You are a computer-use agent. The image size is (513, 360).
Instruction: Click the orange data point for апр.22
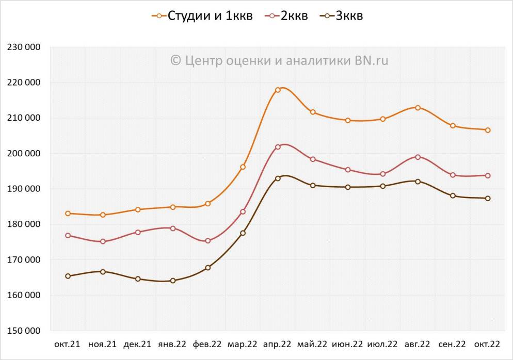pyautogui.click(x=278, y=90)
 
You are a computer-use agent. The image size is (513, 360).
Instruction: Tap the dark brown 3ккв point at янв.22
pyautogui.click(x=173, y=281)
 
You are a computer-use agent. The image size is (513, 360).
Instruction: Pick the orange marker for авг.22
pyautogui.click(x=418, y=108)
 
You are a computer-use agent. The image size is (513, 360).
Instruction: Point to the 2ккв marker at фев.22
pyautogui.click(x=208, y=241)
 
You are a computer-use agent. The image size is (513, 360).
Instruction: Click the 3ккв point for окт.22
pyautogui.click(x=488, y=199)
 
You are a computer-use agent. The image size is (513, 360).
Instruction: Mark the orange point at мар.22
pyautogui.click(x=243, y=167)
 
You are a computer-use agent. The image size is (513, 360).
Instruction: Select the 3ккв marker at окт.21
pyautogui.click(x=68, y=276)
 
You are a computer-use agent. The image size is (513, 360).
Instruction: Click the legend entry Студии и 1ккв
pyautogui.click(x=202, y=16)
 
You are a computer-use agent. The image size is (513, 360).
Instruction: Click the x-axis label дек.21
pyautogui.click(x=138, y=344)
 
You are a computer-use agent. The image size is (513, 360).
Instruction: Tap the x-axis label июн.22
pyautogui.click(x=347, y=344)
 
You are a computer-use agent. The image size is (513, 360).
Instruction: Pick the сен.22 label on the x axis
pyautogui.click(x=453, y=344)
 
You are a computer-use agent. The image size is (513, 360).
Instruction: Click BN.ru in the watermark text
pyautogui.click(x=371, y=61)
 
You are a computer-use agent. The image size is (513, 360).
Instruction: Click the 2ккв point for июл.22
pyautogui.click(x=382, y=174)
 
